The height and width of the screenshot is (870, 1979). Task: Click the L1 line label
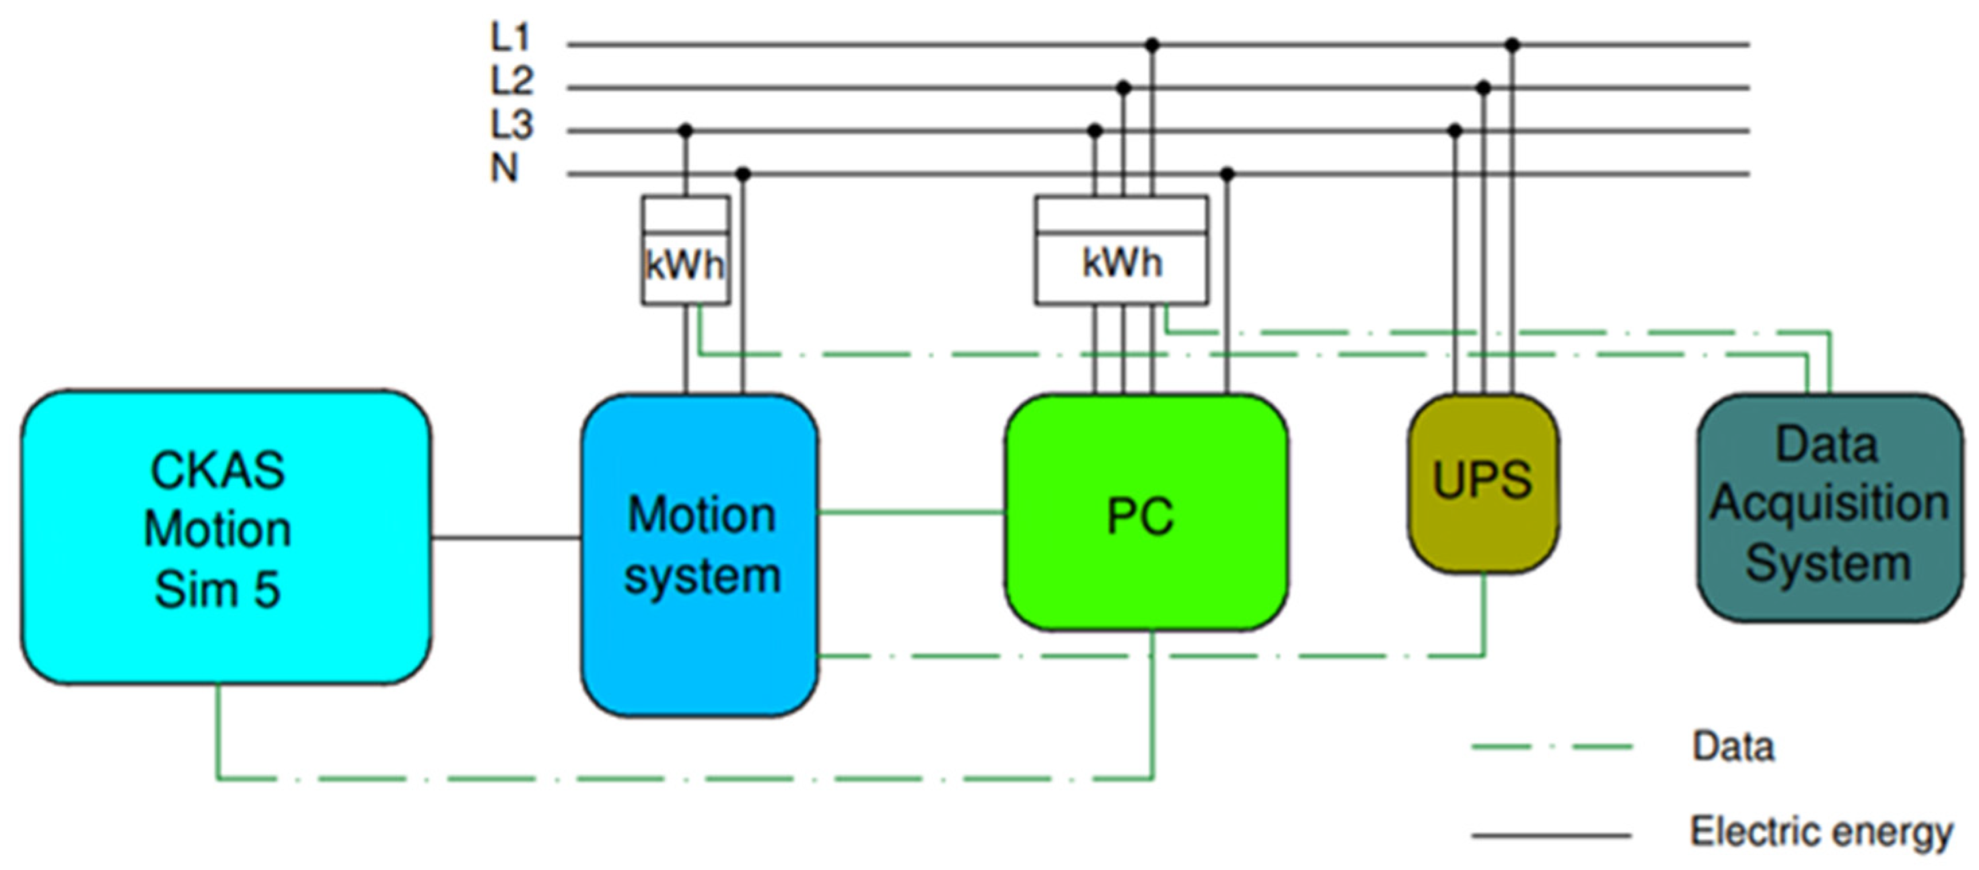click(510, 36)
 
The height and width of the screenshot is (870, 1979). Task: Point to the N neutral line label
click(505, 168)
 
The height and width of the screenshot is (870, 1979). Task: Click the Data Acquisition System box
click(1829, 507)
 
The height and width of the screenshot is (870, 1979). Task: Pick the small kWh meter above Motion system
click(685, 250)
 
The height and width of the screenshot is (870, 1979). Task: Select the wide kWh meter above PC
click(1121, 250)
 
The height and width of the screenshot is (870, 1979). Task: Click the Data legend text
click(1733, 746)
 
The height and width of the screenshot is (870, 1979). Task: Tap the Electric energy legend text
click(1822, 832)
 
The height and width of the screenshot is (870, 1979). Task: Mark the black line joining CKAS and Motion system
click(505, 538)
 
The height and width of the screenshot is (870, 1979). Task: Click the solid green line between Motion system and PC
click(911, 512)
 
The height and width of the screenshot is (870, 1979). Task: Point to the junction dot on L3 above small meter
click(686, 131)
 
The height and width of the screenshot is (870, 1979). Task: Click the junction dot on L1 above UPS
click(1513, 45)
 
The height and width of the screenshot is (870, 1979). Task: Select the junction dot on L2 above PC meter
click(1123, 88)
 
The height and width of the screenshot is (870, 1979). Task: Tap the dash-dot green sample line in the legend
click(1551, 746)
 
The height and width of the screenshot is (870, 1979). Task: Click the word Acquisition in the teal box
click(1829, 504)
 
